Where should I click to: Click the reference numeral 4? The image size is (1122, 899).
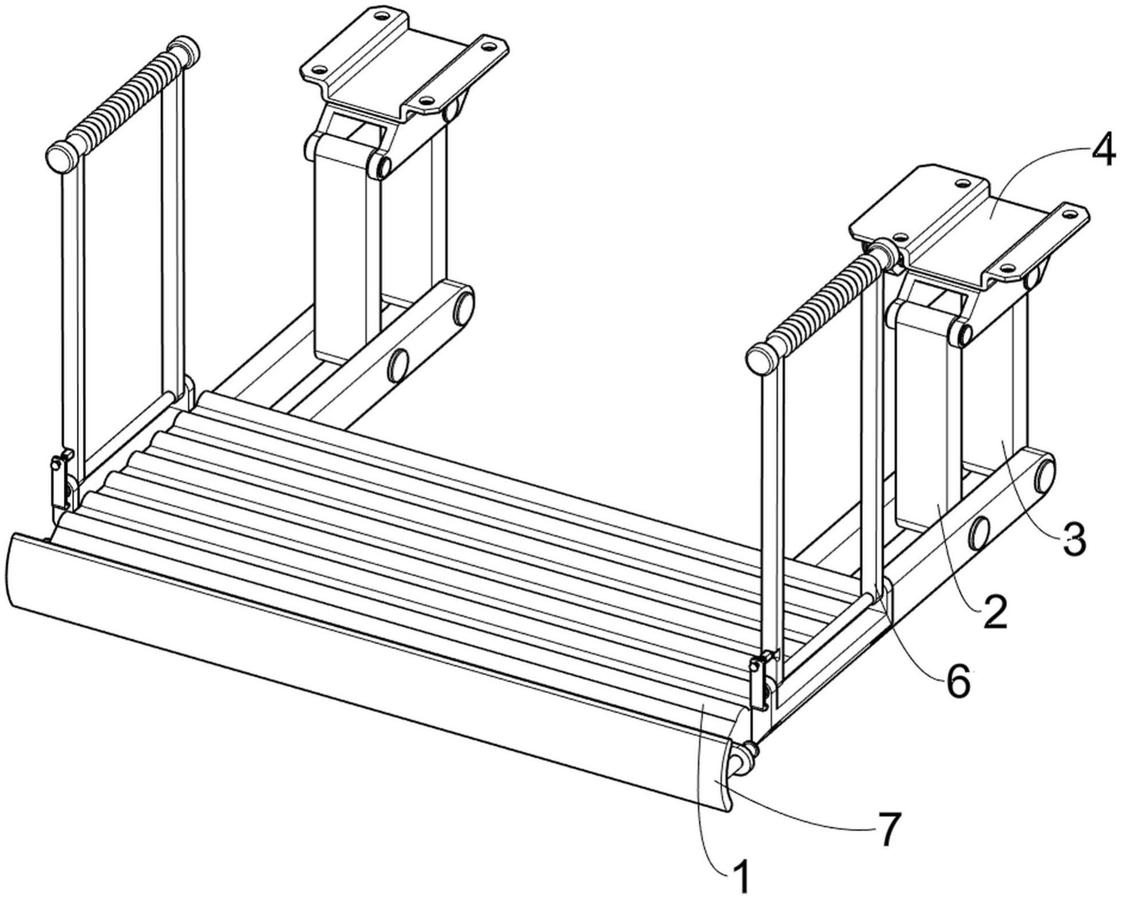point(1101,150)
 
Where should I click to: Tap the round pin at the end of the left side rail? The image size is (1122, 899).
point(464,307)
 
